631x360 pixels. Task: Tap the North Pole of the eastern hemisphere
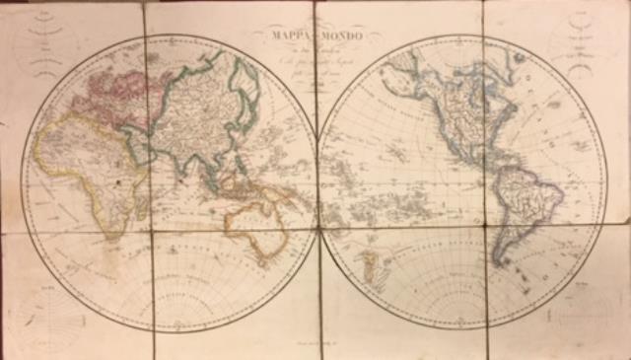(x=168, y=37)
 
